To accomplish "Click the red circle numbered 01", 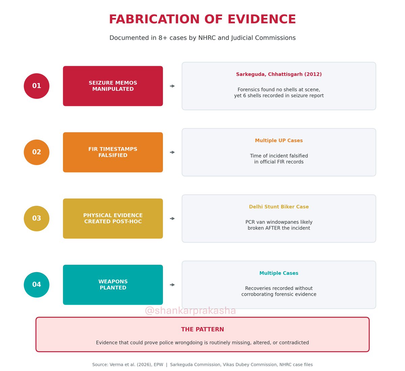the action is [x=36, y=86].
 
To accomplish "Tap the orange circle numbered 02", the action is [x=36, y=152].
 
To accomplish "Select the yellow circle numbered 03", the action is [x=36, y=218].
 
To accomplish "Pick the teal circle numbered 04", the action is [x=36, y=285].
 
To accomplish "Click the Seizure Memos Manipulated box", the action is [x=113, y=86].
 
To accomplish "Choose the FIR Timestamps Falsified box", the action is [x=113, y=152].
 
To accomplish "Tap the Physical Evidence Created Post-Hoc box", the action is [x=113, y=218].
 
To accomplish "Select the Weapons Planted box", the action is [x=113, y=285].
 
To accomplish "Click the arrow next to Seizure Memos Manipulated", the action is [x=172, y=86].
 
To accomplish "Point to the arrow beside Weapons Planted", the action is [x=172, y=285].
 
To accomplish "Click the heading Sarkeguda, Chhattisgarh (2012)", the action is [x=279, y=74].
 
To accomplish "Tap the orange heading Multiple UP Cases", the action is [x=279, y=140].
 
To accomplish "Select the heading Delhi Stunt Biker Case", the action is [x=279, y=207].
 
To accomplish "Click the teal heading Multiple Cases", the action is [x=279, y=273].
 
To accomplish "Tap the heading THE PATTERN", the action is [x=202, y=329].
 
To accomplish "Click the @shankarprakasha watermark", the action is [x=190, y=311].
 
